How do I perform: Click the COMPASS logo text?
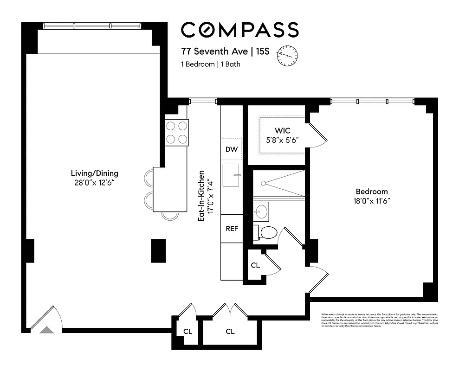[239, 30]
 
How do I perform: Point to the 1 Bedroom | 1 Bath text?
[210, 64]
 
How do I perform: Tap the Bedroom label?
[371, 192]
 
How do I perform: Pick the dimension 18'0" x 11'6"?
[371, 201]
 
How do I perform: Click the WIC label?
[282, 131]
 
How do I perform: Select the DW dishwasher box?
[231, 149]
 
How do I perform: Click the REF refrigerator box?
[232, 228]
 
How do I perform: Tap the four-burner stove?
[177, 132]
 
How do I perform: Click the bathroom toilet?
[267, 232]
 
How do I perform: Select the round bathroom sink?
[261, 211]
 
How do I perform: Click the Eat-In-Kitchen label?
[205, 195]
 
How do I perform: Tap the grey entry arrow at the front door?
[46, 330]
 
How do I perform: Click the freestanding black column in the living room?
[158, 251]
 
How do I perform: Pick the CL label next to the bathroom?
[255, 265]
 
